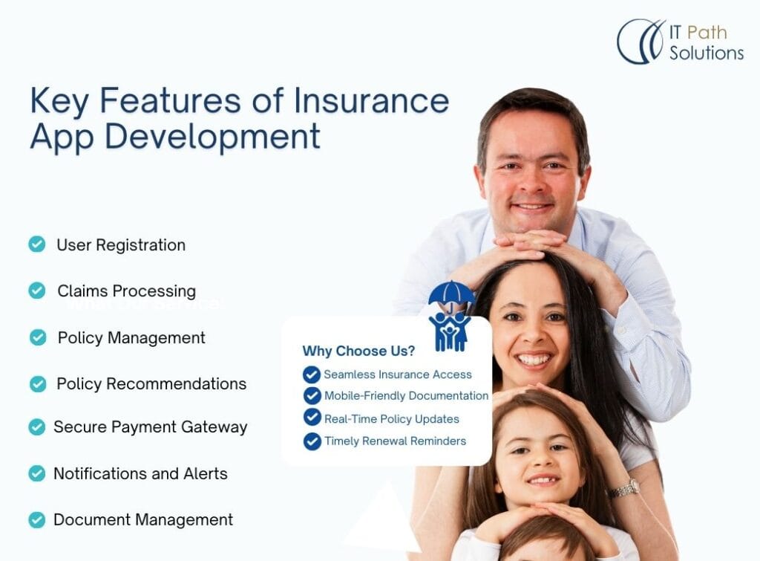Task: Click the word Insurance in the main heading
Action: (x=371, y=100)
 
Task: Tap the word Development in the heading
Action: (x=212, y=137)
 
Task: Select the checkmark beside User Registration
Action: (x=37, y=244)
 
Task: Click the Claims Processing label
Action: (x=126, y=291)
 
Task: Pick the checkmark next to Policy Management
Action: (x=38, y=337)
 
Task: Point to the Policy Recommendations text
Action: (x=151, y=384)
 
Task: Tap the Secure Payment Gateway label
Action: (x=150, y=427)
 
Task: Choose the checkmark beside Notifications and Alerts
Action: (x=37, y=473)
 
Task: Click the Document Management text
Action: (x=143, y=519)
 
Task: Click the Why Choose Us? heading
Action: (x=358, y=351)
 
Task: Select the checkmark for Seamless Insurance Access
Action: (x=312, y=374)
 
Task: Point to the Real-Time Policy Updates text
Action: (x=392, y=419)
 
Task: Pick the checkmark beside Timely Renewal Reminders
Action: (x=312, y=441)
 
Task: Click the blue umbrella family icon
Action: (x=451, y=316)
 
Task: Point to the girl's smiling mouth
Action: (x=544, y=481)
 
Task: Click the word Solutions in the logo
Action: (x=707, y=53)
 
